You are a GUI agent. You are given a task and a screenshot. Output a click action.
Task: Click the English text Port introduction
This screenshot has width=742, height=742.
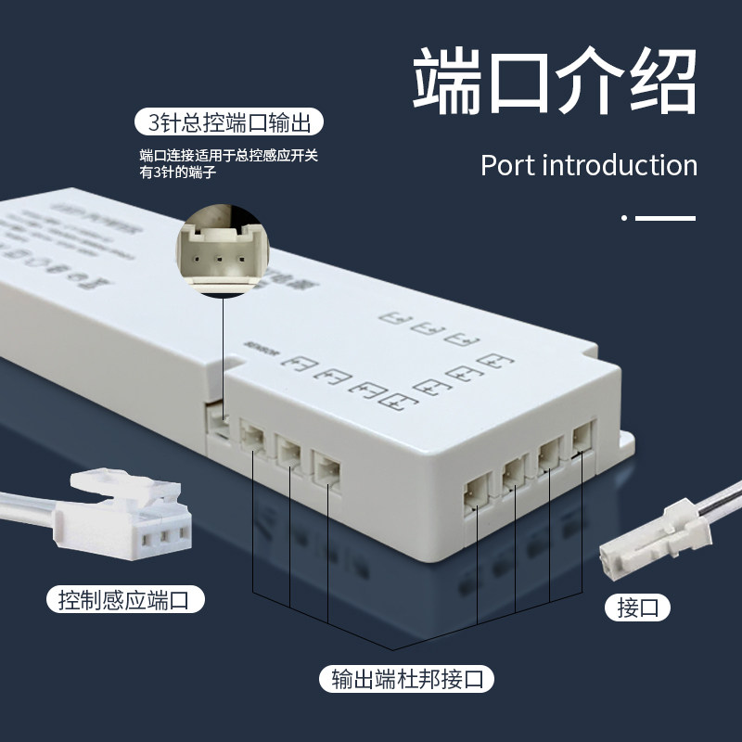[589, 165]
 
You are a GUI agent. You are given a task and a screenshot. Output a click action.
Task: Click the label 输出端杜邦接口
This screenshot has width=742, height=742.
[406, 679]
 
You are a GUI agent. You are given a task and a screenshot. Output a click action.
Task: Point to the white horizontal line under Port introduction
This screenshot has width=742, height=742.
[665, 218]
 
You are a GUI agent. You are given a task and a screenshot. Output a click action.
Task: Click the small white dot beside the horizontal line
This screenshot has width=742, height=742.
[624, 218]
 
